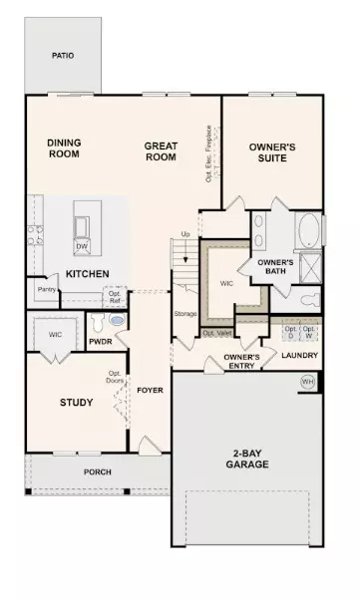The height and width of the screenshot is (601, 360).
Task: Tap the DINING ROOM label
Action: click(x=63, y=150)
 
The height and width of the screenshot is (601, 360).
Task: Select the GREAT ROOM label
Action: click(x=160, y=150)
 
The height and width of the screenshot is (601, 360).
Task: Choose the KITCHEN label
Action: click(x=87, y=273)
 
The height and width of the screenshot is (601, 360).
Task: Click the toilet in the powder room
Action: click(x=118, y=323)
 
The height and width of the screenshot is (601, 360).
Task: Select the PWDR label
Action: click(x=100, y=341)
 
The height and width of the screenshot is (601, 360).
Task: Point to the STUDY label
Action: click(x=76, y=403)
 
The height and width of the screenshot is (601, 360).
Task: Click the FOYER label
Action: click(x=150, y=390)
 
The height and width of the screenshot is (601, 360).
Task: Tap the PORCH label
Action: click(x=97, y=471)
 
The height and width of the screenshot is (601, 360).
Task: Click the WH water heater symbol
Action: click(x=307, y=381)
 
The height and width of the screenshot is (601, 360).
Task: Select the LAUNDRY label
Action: click(x=299, y=355)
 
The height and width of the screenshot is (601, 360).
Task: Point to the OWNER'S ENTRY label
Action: click(x=241, y=361)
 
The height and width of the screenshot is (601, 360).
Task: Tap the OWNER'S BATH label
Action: click(x=274, y=266)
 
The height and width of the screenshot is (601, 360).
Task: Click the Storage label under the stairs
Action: click(x=185, y=314)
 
